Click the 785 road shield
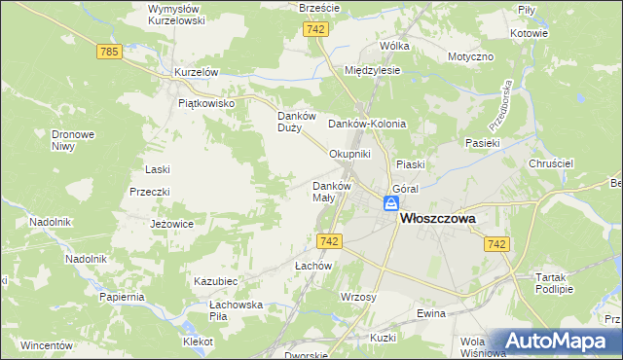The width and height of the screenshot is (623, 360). tap(110, 52)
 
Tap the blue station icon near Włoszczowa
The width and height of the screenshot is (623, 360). tap(390, 203)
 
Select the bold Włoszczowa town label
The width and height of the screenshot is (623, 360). tap(438, 220)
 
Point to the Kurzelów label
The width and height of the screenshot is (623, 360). tap(195, 73)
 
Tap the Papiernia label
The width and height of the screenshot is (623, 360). tap(122, 297)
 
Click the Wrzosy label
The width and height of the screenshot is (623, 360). tap(359, 296)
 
